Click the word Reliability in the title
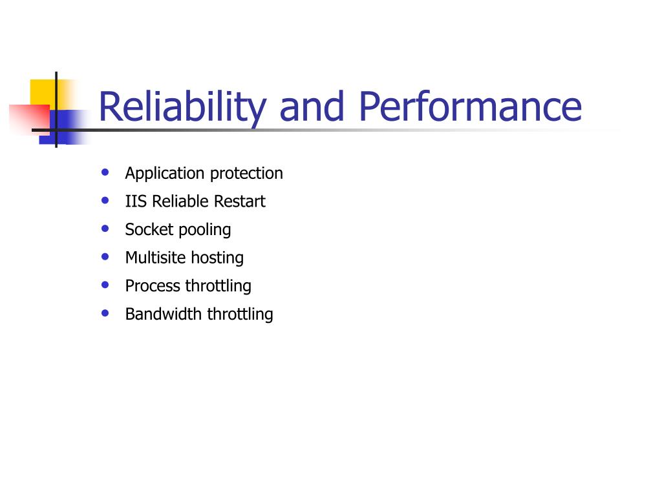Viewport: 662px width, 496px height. point(182,108)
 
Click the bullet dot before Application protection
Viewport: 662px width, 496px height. point(105,172)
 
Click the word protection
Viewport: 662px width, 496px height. point(246,174)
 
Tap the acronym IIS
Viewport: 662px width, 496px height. point(136,201)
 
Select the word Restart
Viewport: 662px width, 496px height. point(240,201)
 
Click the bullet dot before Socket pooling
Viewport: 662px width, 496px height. point(105,229)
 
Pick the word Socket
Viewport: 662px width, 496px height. point(149,229)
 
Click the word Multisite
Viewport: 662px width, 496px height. point(155,258)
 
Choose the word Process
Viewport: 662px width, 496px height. point(153,286)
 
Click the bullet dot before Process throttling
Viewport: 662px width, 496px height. point(105,285)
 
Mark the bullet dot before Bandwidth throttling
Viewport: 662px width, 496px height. point(105,313)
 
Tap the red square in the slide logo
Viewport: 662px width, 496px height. point(30,119)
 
